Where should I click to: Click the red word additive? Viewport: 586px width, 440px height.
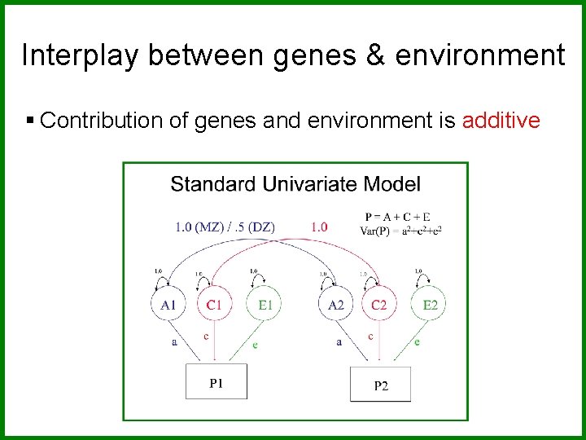(x=501, y=121)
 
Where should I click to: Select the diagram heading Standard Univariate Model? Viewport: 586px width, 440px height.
(x=295, y=184)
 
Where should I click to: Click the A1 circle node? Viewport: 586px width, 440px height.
(x=168, y=306)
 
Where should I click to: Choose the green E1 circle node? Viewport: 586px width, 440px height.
(x=265, y=306)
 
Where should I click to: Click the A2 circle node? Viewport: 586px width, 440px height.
(x=335, y=306)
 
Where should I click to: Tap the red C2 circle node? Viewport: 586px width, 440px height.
(x=379, y=306)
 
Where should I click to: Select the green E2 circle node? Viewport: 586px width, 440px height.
(x=430, y=306)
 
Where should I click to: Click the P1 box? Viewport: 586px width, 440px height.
(x=216, y=381)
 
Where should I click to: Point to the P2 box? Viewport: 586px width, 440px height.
(x=380, y=385)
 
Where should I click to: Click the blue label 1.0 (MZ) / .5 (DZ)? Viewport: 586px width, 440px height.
(x=225, y=227)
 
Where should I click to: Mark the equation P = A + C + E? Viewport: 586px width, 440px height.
(x=399, y=217)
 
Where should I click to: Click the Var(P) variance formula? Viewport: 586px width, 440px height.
(x=400, y=230)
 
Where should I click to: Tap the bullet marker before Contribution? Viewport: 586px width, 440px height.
(x=30, y=121)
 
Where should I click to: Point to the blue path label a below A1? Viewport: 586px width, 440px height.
(x=174, y=343)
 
